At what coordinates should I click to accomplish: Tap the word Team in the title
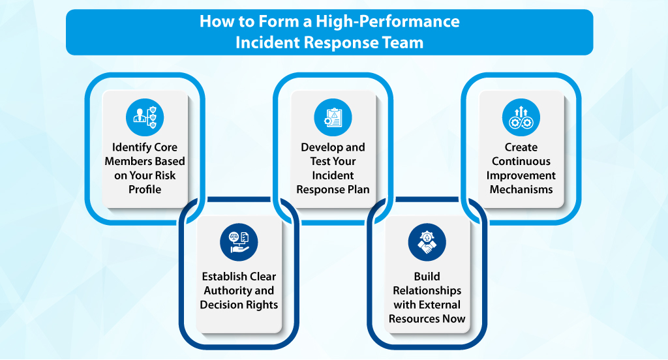coord(403,43)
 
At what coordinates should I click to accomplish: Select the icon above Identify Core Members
coord(145,117)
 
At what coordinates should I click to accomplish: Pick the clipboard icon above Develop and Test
coord(333,117)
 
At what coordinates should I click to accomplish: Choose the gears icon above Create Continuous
coord(521,117)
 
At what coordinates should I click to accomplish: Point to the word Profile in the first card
coord(145,190)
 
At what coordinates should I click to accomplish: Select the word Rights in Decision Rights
coord(262,305)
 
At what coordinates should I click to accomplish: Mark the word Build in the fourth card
coord(427,277)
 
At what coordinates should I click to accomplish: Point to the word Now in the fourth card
coord(453,319)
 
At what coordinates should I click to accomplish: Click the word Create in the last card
coord(521,147)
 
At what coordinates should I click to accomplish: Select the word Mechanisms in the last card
coord(521,190)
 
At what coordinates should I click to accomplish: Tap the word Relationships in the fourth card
coord(427,290)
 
